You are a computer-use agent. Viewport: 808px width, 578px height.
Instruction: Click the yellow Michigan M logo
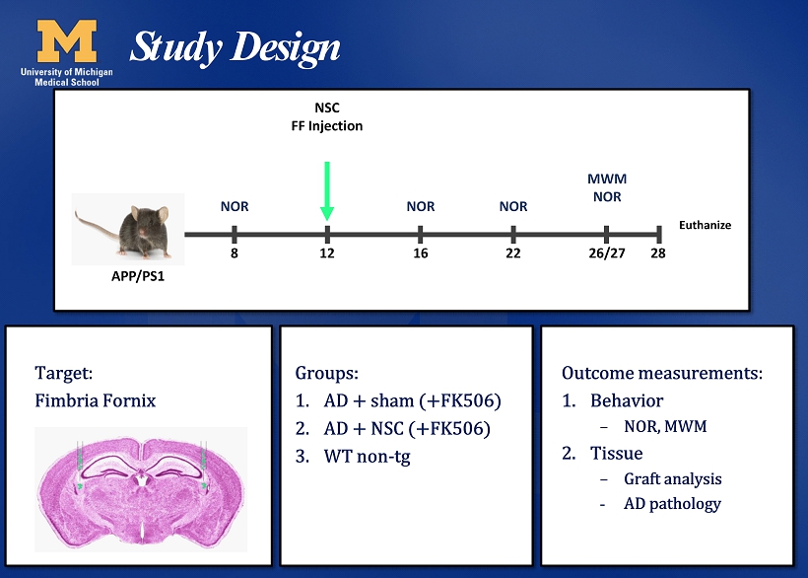coord(66,40)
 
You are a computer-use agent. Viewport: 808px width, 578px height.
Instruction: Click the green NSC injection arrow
coord(327,191)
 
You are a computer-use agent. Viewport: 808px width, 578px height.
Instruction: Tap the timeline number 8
coord(235,253)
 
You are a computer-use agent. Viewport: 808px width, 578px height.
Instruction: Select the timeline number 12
coord(327,253)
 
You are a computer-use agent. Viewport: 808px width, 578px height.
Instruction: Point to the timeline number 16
coord(421,253)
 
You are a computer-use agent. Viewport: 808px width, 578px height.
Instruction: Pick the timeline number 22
coord(513,253)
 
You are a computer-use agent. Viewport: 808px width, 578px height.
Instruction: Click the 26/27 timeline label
coord(607,253)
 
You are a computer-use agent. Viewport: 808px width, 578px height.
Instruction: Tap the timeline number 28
coord(658,253)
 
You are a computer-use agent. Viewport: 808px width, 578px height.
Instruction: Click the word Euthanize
coord(705,225)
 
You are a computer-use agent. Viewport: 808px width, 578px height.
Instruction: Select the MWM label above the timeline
coord(607,179)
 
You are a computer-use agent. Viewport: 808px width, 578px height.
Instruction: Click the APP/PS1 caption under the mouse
coord(138,276)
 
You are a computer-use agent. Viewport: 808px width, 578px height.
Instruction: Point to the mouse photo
coord(128,229)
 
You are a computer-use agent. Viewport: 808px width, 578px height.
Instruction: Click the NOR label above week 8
coord(235,206)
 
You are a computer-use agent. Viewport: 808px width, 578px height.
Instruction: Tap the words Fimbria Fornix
coord(96,400)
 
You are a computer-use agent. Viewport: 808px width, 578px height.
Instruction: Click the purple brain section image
coord(141,490)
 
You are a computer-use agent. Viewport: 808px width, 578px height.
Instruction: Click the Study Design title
coord(235,47)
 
